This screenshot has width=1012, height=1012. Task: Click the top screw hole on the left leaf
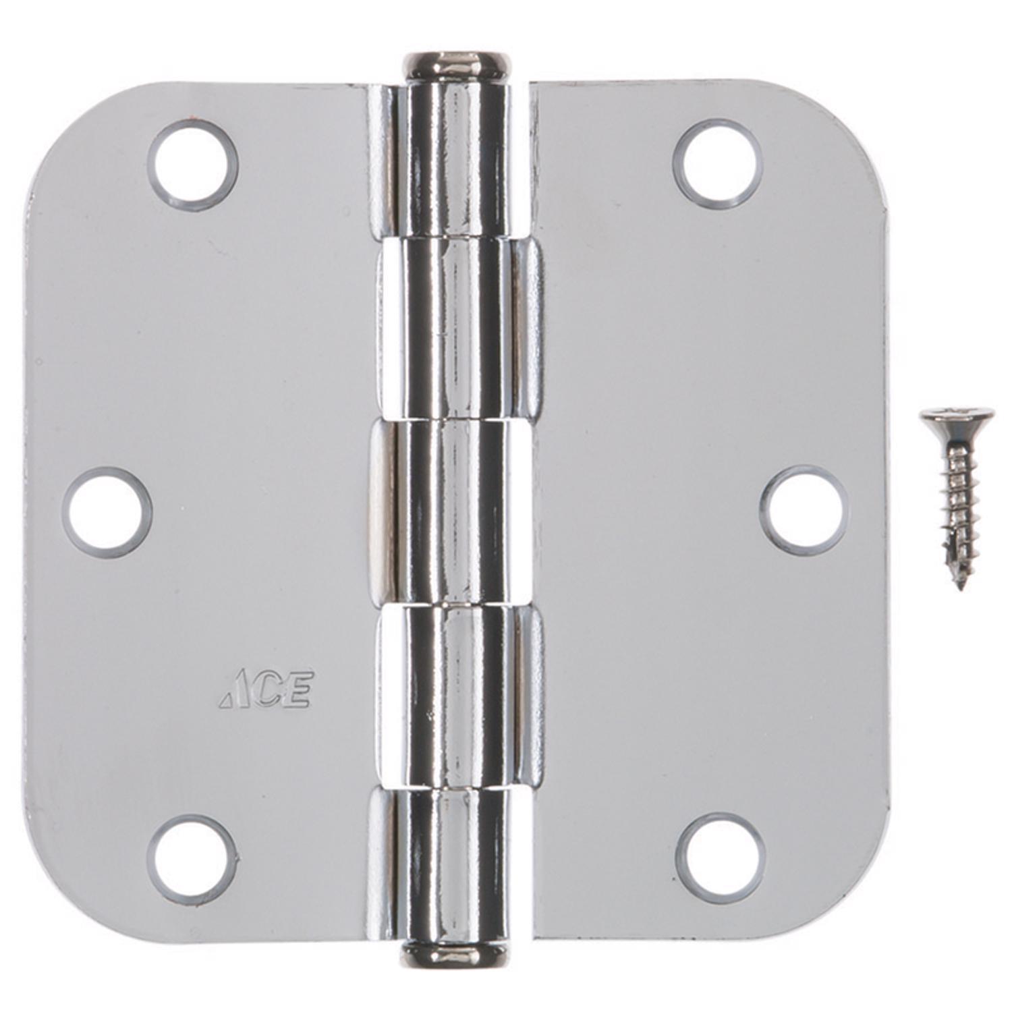[x=193, y=165]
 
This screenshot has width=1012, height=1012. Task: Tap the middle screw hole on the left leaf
[x=107, y=512]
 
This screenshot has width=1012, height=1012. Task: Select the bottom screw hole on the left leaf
[x=192, y=859]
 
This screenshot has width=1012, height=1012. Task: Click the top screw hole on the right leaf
[x=718, y=164]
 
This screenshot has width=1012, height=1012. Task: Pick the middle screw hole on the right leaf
[x=804, y=509]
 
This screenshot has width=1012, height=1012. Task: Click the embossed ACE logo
[x=266, y=690]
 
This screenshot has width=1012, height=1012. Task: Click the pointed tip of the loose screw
[x=961, y=586]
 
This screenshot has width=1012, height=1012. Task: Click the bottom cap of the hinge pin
[x=454, y=955]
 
